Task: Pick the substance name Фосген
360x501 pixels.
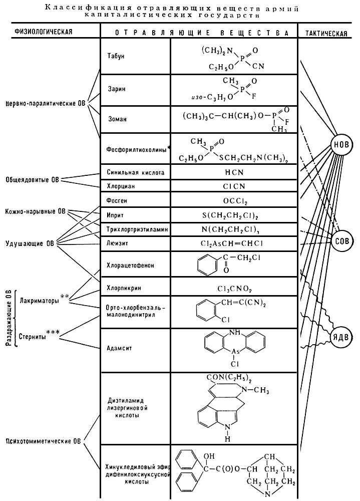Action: (x=116, y=200)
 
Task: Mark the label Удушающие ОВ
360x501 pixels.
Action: (x=29, y=243)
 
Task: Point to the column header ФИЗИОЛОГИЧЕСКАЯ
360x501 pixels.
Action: (x=36, y=32)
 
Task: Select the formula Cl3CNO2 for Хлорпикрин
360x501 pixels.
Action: (x=234, y=289)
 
